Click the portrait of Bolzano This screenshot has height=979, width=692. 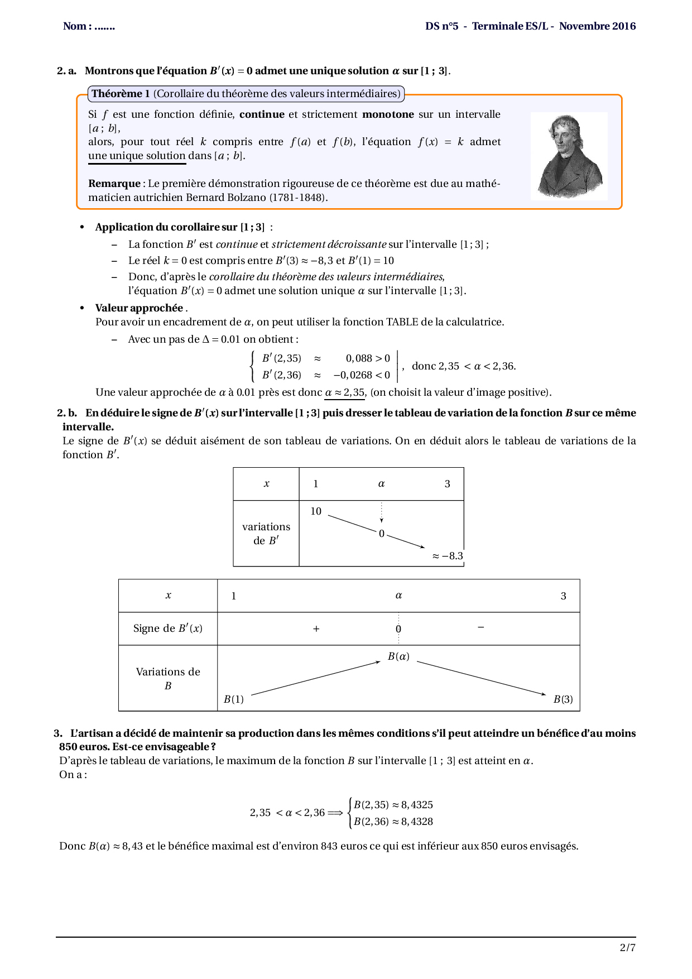pos(569,156)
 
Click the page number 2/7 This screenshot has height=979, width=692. pos(627,947)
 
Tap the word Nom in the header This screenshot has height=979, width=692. pos(74,26)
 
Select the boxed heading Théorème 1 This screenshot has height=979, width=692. pos(121,94)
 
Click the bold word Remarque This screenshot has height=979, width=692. pos(114,184)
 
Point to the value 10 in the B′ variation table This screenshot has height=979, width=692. pos(316,511)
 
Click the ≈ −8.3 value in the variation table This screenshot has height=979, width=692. pos(448,556)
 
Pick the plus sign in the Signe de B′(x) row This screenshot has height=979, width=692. pos(316,629)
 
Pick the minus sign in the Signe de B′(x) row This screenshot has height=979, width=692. pos(481,628)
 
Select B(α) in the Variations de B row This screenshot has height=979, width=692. pos(398,656)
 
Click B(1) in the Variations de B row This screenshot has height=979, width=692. pos(234,699)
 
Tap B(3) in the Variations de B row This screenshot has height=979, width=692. pos(563,699)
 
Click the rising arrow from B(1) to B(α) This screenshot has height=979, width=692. pos(316,678)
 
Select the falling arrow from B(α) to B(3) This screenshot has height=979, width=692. pos(482,678)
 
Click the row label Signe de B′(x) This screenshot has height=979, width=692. pos(167,628)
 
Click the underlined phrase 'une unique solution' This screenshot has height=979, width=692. pos(137,156)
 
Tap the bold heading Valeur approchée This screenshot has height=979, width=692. pos(139,308)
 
